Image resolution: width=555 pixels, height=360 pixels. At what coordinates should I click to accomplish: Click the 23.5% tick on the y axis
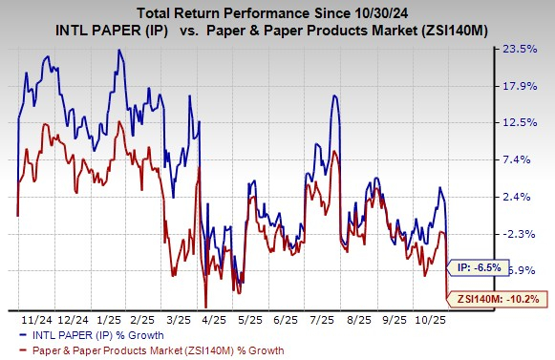[530, 50]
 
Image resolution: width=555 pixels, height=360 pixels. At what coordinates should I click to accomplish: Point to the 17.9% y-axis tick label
[530, 87]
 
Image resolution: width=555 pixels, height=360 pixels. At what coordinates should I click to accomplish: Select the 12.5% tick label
[530, 123]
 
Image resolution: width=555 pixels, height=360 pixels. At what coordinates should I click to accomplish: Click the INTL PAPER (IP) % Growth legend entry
[100, 334]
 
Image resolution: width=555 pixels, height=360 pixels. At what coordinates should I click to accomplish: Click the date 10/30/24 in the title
[376, 12]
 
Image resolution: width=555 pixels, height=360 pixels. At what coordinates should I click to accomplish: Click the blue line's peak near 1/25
[119, 50]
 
